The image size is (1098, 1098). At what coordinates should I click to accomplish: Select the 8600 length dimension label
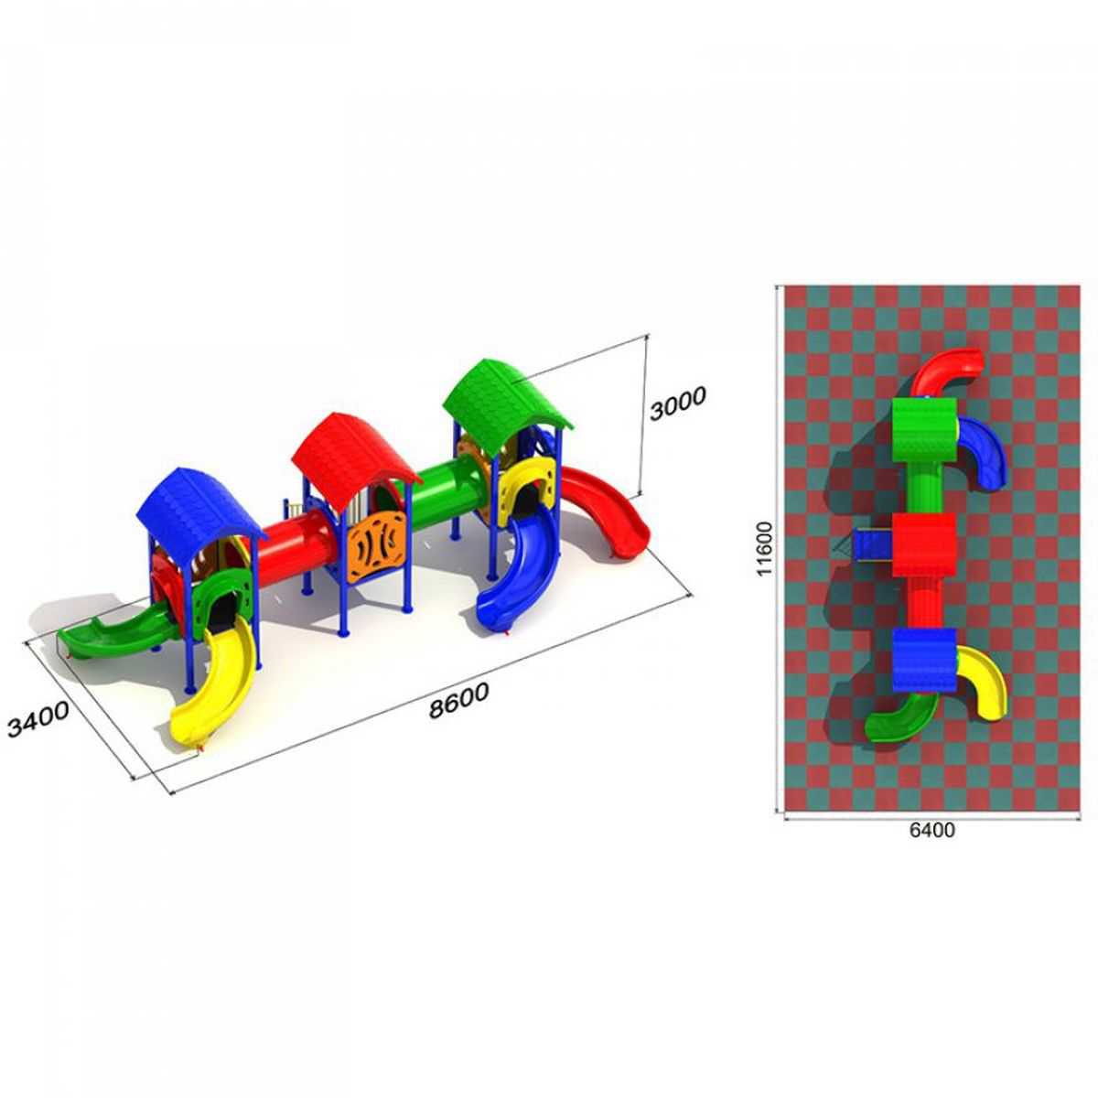[458, 700]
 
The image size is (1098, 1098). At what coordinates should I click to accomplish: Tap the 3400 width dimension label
[38, 719]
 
